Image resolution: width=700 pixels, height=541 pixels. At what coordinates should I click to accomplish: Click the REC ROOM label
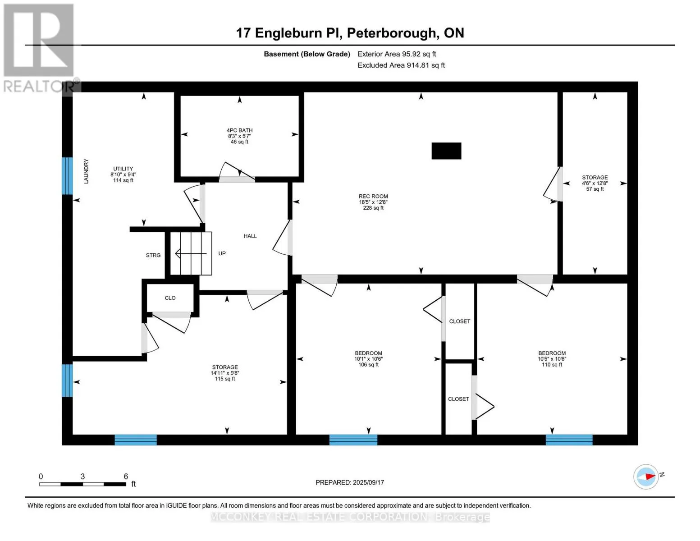373,202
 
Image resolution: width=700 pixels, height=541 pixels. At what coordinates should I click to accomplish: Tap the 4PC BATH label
239,136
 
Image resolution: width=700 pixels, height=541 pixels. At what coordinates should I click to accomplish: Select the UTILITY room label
123,174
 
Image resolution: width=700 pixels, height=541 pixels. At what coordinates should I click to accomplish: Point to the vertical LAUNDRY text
86,171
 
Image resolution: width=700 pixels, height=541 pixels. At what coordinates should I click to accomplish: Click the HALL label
250,236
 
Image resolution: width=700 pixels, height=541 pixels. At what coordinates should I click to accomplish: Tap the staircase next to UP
191,253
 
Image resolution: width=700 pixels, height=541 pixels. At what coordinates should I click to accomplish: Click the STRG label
153,255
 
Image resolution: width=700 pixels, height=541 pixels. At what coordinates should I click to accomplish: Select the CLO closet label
170,298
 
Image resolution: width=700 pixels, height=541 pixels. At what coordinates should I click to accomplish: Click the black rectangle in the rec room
446,151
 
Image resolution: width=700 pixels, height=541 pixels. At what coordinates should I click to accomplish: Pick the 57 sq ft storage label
595,183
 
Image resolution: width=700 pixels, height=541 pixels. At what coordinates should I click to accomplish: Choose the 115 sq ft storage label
225,373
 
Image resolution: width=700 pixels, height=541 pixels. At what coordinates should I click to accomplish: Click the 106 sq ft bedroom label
368,359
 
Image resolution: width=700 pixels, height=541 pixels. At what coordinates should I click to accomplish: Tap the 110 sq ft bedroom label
552,359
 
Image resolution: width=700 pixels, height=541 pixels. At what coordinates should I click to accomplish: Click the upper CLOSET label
459,321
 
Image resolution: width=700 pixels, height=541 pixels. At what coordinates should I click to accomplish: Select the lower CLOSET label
458,399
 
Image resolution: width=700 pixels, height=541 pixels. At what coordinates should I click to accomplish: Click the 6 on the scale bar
126,477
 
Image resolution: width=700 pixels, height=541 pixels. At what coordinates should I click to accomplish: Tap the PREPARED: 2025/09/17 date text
350,482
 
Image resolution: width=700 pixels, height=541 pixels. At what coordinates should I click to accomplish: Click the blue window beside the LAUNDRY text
67,175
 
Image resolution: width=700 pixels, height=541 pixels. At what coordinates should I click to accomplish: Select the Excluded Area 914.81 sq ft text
401,65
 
